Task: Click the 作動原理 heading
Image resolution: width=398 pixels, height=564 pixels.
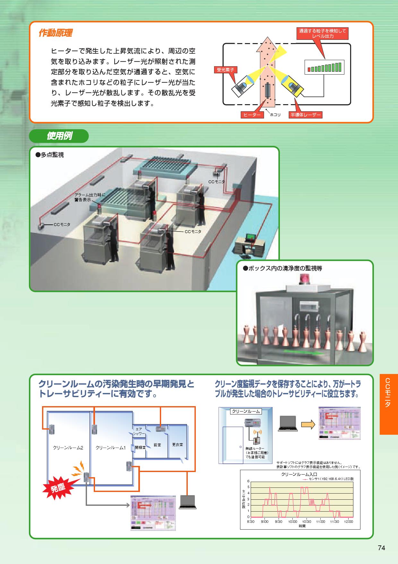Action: pyautogui.click(x=55, y=33)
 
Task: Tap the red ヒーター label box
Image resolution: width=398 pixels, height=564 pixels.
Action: pyautogui.click(x=252, y=115)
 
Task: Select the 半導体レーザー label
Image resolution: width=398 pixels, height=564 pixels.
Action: pyautogui.click(x=305, y=115)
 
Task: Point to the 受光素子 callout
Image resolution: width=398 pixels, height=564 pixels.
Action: pyautogui.click(x=225, y=69)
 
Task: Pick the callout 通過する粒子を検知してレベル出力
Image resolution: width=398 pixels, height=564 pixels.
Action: pyautogui.click(x=323, y=33)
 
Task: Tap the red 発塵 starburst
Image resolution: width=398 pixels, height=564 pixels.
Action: pyautogui.click(x=58, y=488)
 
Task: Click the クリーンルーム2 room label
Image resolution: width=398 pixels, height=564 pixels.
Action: pyautogui.click(x=68, y=448)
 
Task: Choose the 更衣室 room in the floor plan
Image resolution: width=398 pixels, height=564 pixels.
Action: pyautogui.click(x=177, y=445)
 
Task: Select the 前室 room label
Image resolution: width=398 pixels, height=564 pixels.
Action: pyautogui.click(x=157, y=445)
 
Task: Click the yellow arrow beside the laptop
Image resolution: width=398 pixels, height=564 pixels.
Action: pyautogui.click(x=308, y=424)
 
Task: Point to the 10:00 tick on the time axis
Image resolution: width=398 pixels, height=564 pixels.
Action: pyautogui.click(x=292, y=522)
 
